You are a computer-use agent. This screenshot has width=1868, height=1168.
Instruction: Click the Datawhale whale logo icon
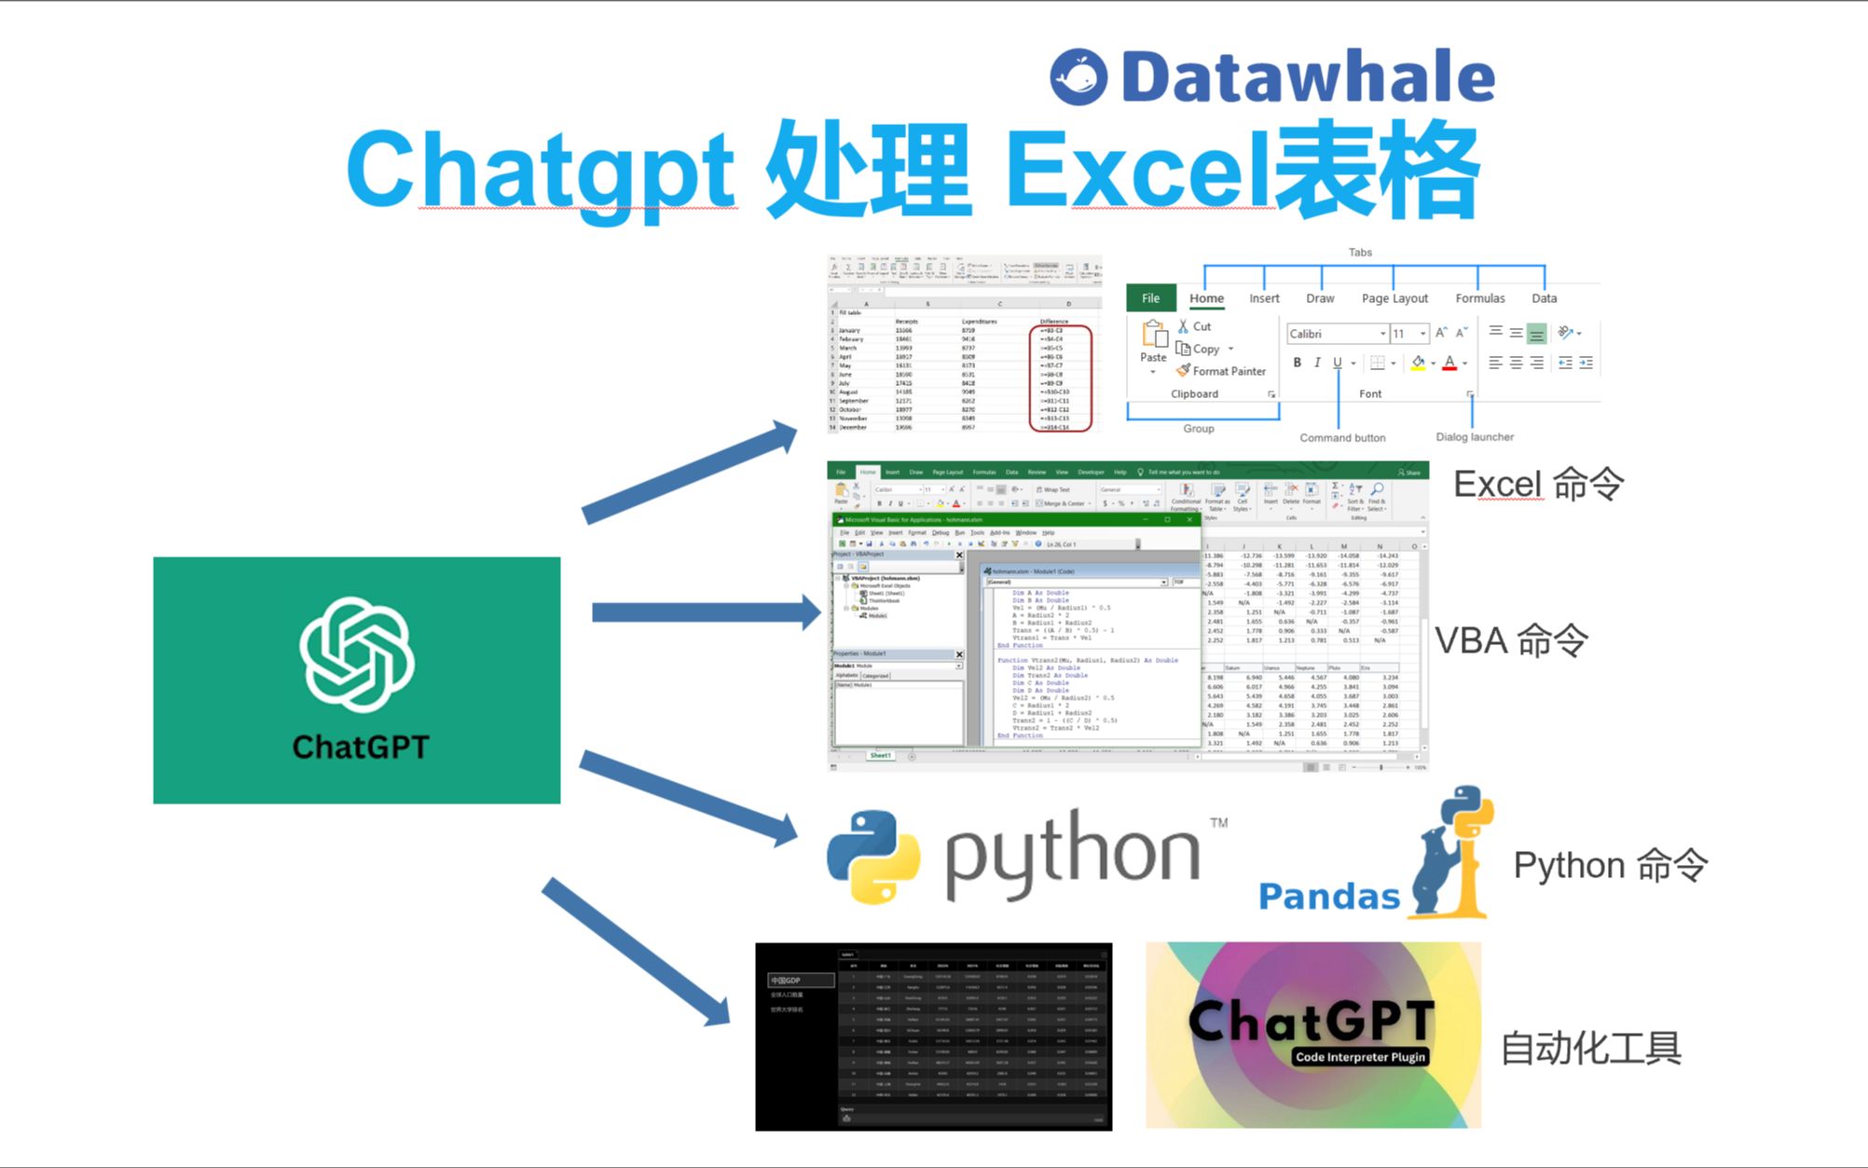[1078, 76]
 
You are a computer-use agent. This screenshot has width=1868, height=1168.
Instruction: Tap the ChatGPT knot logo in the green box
[357, 655]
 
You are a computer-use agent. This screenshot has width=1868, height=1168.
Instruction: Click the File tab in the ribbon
[1151, 298]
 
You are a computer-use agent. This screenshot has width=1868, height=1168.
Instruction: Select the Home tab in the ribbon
[1206, 298]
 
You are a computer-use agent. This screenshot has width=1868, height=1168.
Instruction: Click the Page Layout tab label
[1394, 298]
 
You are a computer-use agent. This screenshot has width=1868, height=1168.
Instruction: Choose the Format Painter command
[1222, 371]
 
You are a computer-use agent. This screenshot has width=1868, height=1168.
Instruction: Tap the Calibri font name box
[1335, 334]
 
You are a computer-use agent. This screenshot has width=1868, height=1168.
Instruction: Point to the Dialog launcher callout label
[1475, 436]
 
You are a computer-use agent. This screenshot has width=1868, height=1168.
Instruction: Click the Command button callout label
[1342, 437]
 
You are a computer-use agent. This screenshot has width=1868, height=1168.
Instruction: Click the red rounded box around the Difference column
[1061, 378]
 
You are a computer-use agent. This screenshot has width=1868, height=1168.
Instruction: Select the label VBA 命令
[1511, 641]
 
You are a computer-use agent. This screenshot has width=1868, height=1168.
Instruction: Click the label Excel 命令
[1538, 485]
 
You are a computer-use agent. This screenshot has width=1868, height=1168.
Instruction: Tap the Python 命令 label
[1610, 866]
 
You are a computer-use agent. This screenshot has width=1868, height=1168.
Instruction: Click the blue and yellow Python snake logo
[872, 857]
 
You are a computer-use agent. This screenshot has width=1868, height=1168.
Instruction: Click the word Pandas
[1328, 897]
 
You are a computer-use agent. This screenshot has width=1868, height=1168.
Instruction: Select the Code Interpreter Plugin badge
[1360, 1057]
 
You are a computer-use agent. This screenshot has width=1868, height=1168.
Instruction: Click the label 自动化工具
[1590, 1049]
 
